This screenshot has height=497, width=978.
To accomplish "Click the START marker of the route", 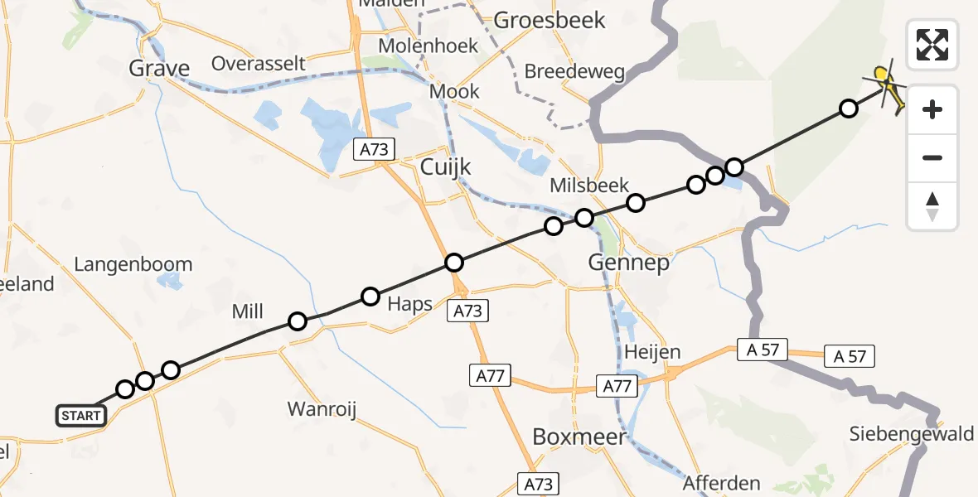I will pyautogui.click(x=81, y=416).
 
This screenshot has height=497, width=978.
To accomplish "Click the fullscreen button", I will pyautogui.click(x=932, y=45).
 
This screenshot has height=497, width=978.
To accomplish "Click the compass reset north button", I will pyautogui.click(x=932, y=206).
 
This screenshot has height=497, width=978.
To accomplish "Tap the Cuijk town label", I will pyautogui.click(x=445, y=166).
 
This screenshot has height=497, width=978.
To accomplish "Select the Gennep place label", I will pyautogui.click(x=628, y=263).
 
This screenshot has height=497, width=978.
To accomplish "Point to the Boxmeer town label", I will pyautogui.click(x=579, y=437).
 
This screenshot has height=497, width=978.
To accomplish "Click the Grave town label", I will pyautogui.click(x=159, y=68).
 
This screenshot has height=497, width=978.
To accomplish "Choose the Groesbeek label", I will pyautogui.click(x=550, y=20).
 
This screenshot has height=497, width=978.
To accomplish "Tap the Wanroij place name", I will pyautogui.click(x=322, y=408).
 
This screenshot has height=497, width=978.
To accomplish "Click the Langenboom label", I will pyautogui.click(x=133, y=265).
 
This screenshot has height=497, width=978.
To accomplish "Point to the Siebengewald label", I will pyautogui.click(x=912, y=433).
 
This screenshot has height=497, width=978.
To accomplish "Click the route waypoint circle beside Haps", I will pyautogui.click(x=370, y=297).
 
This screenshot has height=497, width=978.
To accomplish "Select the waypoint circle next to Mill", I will pyautogui.click(x=297, y=321).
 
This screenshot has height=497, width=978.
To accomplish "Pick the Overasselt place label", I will pyautogui.click(x=259, y=64).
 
